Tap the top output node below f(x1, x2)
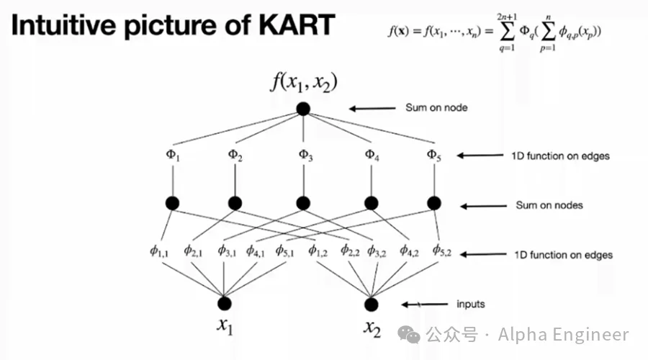click(303, 109)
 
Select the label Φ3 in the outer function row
click(304, 155)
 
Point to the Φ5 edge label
click(433, 155)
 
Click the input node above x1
click(225, 303)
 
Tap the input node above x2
click(372, 303)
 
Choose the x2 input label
click(372, 328)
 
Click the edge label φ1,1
click(159, 251)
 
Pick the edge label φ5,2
click(442, 251)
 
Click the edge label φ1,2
click(318, 251)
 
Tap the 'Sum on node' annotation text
click(436, 108)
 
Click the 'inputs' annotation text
click(471, 304)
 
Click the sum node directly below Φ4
click(371, 204)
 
